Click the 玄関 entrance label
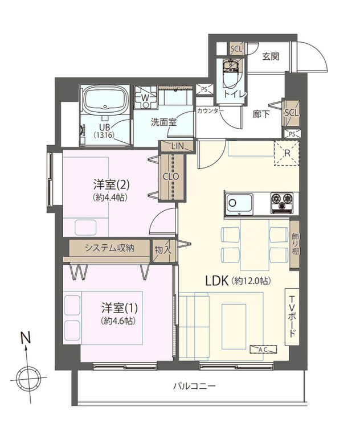coord(271,56)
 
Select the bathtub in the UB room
coord(106,100)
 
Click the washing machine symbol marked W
coord(146,97)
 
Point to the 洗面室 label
coord(164,122)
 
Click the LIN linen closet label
coord(178,146)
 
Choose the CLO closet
coord(171,177)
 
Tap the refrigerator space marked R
coord(287,153)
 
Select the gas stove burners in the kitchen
coord(282,203)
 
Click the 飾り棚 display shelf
coord(294,244)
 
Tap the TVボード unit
coord(292,317)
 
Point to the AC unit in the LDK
coord(264,350)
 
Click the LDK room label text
coord(216,281)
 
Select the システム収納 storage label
coord(109,248)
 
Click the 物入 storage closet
coord(163,251)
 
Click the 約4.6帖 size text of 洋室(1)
coord(118,321)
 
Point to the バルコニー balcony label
coord(195,386)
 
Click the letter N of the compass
coord(26,339)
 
